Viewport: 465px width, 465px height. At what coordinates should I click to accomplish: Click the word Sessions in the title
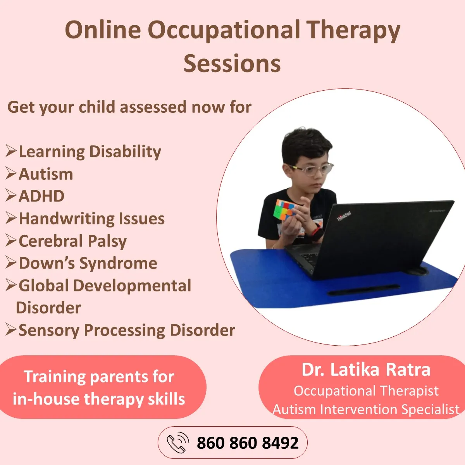232,64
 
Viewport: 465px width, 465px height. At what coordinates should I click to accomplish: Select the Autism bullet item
46,174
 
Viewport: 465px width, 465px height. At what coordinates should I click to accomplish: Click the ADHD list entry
41,196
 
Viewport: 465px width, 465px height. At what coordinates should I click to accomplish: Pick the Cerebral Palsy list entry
72,241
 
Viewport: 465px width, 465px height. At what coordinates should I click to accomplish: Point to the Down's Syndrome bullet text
88,263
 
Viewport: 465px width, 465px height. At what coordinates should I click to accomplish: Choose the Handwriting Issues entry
92,219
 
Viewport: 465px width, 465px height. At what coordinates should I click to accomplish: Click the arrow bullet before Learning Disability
11,151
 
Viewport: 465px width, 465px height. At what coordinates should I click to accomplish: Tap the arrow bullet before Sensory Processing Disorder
11,330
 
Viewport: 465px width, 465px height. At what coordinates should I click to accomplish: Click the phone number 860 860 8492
248,443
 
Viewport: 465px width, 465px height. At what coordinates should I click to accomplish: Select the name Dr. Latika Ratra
366,370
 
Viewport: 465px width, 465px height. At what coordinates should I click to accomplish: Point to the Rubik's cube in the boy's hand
285,209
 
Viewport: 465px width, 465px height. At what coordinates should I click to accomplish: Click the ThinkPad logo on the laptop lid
344,216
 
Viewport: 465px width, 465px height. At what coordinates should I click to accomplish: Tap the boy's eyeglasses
311,169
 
